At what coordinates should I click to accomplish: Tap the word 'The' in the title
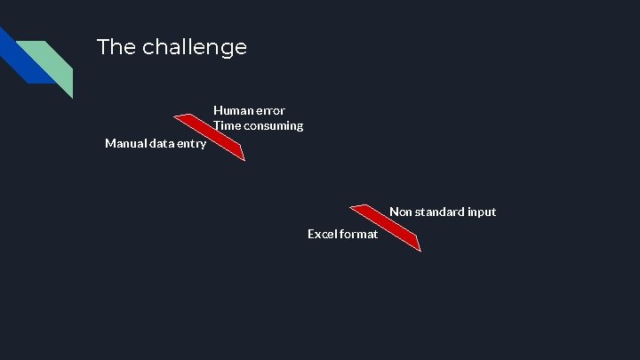coord(113,47)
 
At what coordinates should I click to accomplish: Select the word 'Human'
coord(232,110)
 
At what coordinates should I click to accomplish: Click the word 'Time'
coord(228,125)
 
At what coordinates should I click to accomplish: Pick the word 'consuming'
coord(275,125)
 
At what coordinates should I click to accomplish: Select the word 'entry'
coord(193,143)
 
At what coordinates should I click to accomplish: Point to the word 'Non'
coord(401,212)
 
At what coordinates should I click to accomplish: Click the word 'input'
coord(482,212)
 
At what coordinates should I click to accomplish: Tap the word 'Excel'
coord(323,234)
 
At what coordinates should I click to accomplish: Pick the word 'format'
coord(360,234)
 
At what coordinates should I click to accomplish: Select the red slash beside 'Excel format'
coord(386,228)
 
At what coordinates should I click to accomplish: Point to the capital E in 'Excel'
coord(311,234)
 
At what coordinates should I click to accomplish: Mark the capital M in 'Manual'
coord(110,143)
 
